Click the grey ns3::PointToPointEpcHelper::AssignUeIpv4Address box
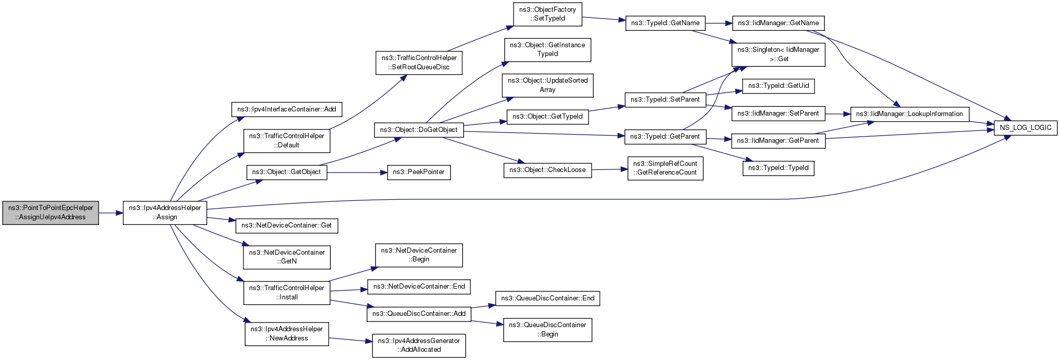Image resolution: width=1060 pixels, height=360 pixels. coord(50,213)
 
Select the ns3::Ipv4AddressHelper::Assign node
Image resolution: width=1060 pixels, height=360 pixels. coord(165,213)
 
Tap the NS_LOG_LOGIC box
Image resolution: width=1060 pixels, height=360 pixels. coord(1025,127)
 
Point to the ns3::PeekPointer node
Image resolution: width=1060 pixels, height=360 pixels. coord(419,172)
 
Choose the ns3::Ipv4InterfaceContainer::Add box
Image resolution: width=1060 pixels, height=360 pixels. coord(287,109)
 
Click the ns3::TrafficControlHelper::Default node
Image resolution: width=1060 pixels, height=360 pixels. coord(287,141)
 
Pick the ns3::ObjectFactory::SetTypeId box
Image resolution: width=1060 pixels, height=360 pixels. coord(547,14)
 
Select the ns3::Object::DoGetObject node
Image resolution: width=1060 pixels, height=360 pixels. coord(419,130)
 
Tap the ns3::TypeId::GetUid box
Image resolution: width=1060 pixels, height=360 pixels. coord(778,86)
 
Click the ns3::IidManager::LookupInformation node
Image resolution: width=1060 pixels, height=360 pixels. coord(909,114)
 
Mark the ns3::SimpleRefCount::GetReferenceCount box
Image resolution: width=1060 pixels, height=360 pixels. coord(665,168)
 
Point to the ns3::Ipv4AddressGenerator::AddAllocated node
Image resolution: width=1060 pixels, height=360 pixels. coord(419,346)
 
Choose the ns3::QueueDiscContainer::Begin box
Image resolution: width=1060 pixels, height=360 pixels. coord(547,330)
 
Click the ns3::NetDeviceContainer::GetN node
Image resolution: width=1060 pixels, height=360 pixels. coord(287,257)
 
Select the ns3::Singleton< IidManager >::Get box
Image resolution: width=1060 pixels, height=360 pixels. coord(778,54)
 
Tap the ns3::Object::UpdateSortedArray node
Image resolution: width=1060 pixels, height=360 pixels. coord(547,85)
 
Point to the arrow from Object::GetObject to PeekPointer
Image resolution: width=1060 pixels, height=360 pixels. coord(357,172)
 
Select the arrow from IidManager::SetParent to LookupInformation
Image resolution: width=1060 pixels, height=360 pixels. coord(838,114)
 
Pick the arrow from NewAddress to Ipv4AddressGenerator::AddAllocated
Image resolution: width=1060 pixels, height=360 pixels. coord(350,339)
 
